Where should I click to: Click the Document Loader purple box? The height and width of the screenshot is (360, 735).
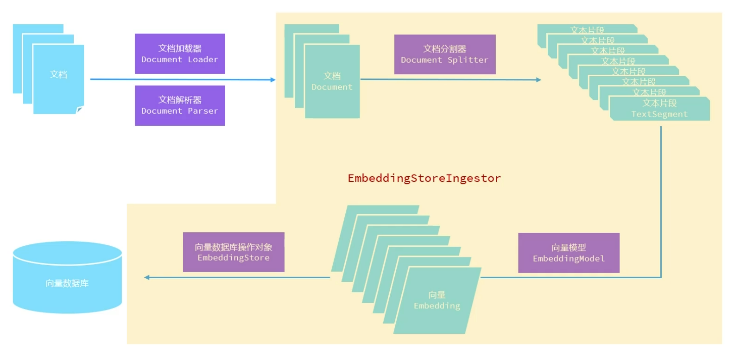tap(180, 54)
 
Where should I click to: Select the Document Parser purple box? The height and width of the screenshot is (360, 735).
tap(180, 105)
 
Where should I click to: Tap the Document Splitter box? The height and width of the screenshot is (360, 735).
tap(444, 55)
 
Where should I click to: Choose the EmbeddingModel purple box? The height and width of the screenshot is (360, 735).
tap(568, 252)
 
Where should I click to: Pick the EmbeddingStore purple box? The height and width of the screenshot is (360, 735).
tap(233, 252)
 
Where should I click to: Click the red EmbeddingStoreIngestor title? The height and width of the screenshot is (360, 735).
tap(424, 178)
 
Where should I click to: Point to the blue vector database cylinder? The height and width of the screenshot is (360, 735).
tap(67, 277)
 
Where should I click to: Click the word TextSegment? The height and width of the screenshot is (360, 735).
tap(659, 114)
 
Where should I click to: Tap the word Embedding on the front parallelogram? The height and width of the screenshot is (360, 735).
tap(437, 306)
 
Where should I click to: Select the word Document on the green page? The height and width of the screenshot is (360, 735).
tap(332, 87)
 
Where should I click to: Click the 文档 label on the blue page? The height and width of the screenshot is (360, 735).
tap(59, 74)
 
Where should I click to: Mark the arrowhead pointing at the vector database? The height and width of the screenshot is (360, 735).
tap(146, 277)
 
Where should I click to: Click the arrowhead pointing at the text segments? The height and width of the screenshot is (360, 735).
tap(539, 80)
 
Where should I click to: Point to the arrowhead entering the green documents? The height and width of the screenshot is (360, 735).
tap(273, 80)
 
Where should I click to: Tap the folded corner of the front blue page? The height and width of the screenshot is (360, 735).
tap(80, 110)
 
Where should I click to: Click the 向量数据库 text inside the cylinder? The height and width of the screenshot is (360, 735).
tap(67, 283)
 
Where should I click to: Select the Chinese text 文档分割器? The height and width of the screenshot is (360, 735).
tap(444, 49)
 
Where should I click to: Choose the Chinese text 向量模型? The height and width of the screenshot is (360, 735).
tap(568, 247)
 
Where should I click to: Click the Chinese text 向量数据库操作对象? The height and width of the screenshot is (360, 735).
tap(233, 247)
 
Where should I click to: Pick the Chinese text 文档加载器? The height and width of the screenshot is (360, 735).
tap(180, 48)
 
